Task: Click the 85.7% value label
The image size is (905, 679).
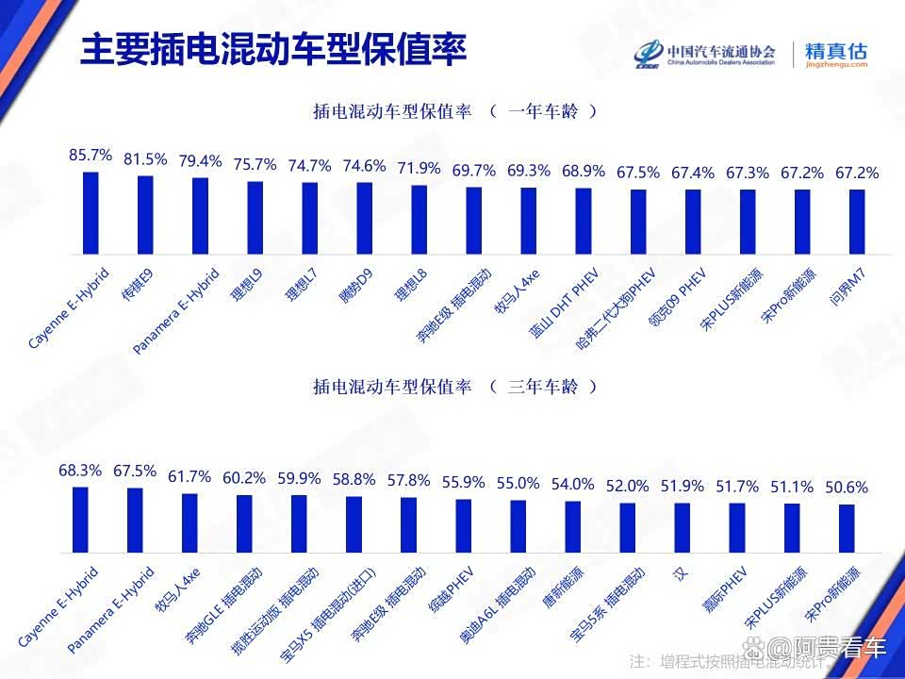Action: pyautogui.click(x=90, y=155)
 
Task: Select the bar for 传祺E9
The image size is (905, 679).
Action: pyautogui.click(x=145, y=215)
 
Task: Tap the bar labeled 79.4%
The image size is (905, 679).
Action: pyautogui.click(x=200, y=216)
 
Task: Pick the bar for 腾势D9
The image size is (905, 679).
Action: pyautogui.click(x=364, y=219)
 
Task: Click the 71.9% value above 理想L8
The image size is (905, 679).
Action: pyautogui.click(x=419, y=169)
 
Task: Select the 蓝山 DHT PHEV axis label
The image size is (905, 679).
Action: pyautogui.click(x=565, y=304)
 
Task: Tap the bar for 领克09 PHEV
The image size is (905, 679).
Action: pyautogui.click(x=693, y=223)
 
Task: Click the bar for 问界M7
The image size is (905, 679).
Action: pyautogui.click(x=857, y=223)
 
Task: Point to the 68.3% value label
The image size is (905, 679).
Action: pyautogui.click(x=80, y=470)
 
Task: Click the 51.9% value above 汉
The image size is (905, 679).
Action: pyautogui.click(x=682, y=487)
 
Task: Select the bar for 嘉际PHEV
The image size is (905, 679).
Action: pyautogui.click(x=736, y=527)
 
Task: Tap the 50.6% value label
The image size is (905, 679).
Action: pyautogui.click(x=846, y=489)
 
